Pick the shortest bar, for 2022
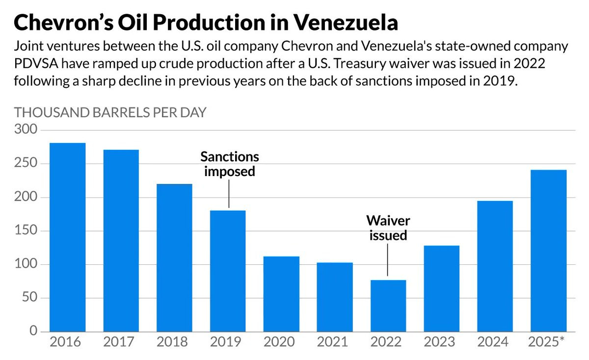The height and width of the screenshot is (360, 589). point(388,306)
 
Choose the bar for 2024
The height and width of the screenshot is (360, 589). point(495,266)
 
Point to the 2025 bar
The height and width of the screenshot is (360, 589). point(548,250)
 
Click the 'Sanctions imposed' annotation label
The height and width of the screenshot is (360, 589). point(229,164)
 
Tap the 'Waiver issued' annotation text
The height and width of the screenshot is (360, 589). point(388,227)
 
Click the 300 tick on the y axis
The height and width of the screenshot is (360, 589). point(26,130)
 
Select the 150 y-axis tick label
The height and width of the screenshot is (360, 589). point(26,231)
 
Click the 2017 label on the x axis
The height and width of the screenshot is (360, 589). point(121,342)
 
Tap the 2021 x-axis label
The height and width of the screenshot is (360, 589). point(334,342)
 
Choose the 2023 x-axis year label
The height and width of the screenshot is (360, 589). point(441,342)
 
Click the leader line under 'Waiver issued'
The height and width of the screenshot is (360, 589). point(388,260)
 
